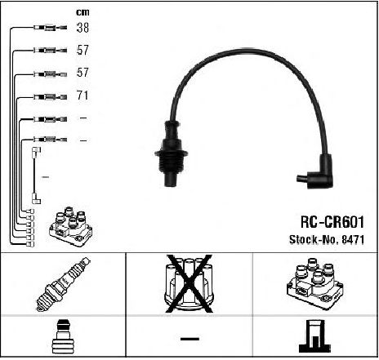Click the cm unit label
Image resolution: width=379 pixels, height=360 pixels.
coord(82,12)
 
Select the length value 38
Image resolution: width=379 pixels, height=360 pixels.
coord(82,28)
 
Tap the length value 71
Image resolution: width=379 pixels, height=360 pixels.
coord(82,96)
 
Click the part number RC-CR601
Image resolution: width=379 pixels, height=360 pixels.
coord(332,222)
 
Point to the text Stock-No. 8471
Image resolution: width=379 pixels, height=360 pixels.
coord(327,240)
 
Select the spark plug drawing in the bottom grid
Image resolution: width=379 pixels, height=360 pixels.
coord(63,284)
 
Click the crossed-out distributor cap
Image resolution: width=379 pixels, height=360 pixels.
coord(189,283)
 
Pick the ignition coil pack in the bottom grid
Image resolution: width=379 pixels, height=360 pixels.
coord(315,283)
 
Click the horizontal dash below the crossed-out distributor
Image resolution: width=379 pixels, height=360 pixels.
coord(189,339)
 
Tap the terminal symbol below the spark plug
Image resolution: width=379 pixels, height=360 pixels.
coord(63,336)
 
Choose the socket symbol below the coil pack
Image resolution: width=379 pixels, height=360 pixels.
coord(315,336)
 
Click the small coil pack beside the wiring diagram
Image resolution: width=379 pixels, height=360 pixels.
coord(71,227)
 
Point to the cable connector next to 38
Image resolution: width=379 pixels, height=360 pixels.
coord(51,28)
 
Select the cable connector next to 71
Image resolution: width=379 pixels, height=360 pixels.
coord(51,96)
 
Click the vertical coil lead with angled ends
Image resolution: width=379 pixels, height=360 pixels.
coord(34,176)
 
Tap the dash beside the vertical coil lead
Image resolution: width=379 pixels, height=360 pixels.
coord(45,177)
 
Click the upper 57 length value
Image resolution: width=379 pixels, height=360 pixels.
coord(82,50)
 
